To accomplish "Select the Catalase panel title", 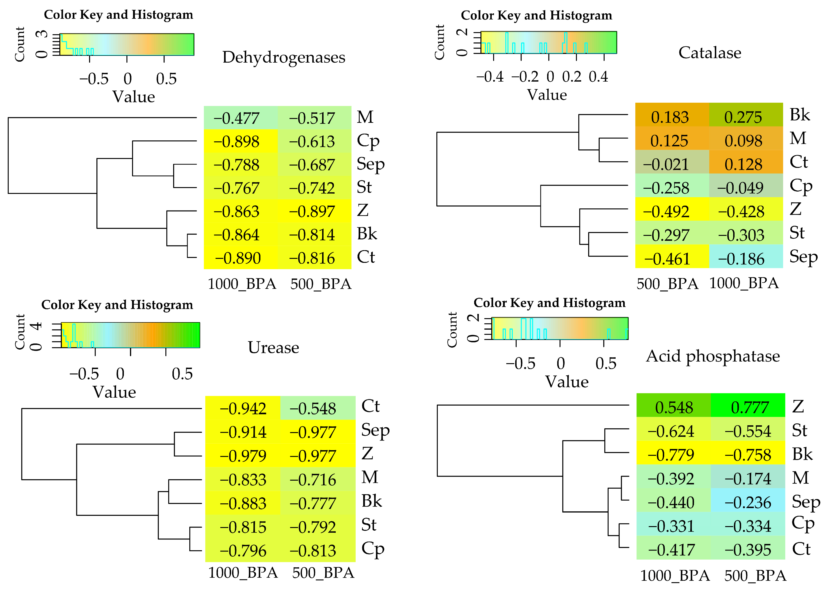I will (x=710, y=53).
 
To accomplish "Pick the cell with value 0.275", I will (x=746, y=117).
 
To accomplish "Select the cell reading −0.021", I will (x=672, y=164).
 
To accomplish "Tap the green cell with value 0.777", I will (x=747, y=407).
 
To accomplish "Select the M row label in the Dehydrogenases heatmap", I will (x=365, y=117).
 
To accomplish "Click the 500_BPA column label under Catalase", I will (x=667, y=284).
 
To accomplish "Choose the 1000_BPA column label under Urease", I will (x=243, y=573).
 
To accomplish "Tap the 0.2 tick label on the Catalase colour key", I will (x=571, y=77).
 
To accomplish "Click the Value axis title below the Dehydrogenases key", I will (x=133, y=97).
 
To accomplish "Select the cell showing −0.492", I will (x=672, y=211).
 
